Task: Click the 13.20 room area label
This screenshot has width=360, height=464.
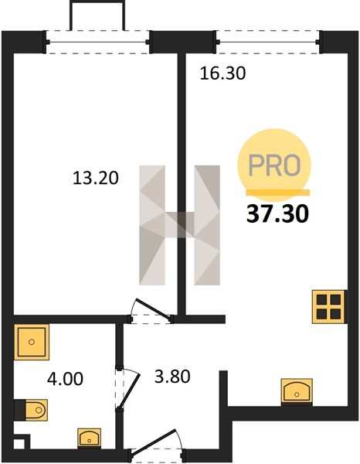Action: pos(96,178)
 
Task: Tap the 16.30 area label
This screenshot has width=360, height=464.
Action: pos(222,73)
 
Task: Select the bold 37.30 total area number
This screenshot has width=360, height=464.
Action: pos(277,213)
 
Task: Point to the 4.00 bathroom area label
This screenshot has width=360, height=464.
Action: pos(65,379)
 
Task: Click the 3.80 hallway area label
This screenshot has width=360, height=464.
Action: pos(172,377)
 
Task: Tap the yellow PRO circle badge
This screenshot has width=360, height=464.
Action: pos(274,165)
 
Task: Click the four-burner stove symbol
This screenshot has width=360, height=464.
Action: pos(329,306)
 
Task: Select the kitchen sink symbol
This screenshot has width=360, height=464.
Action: pos(297,391)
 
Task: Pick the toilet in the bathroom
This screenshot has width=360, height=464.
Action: pos(32,410)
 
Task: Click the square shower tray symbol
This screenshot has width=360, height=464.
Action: pos(32,342)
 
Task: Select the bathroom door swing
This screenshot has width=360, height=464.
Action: pos(127,388)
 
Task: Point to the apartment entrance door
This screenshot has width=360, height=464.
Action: pos(156,442)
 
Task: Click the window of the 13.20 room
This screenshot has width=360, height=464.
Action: pos(98,42)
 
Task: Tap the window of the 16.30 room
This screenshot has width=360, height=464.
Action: pos(268,42)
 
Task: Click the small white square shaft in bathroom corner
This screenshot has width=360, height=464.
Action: pos(19,444)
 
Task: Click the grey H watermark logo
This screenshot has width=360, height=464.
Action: pos(179,225)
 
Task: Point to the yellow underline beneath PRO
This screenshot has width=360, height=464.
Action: pos(277,193)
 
